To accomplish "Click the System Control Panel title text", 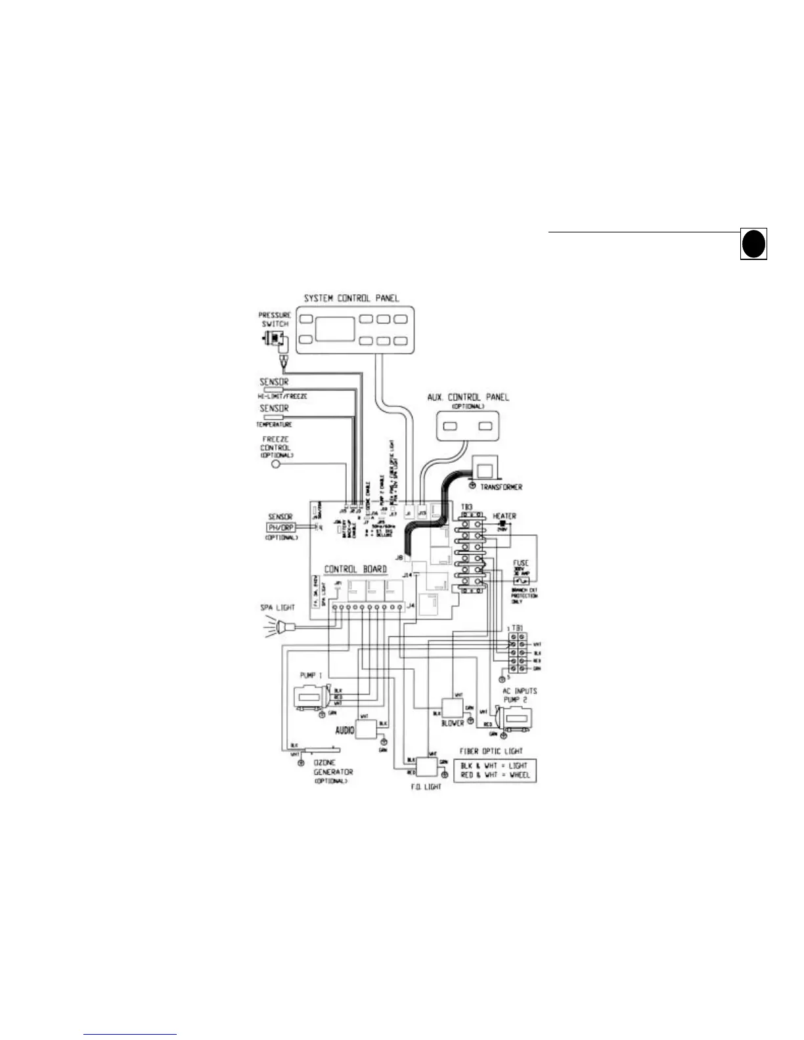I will click(351, 298).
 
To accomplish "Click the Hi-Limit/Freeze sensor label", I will click(282, 397).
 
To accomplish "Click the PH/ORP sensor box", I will click(281, 527).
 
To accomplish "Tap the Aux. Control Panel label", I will click(468, 397).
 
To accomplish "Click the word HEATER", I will click(504, 517).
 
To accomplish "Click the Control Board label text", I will click(355, 569).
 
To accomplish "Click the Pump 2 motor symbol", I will click(516, 719).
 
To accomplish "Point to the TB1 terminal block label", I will click(517, 629).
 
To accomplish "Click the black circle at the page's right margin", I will click(753, 244).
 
